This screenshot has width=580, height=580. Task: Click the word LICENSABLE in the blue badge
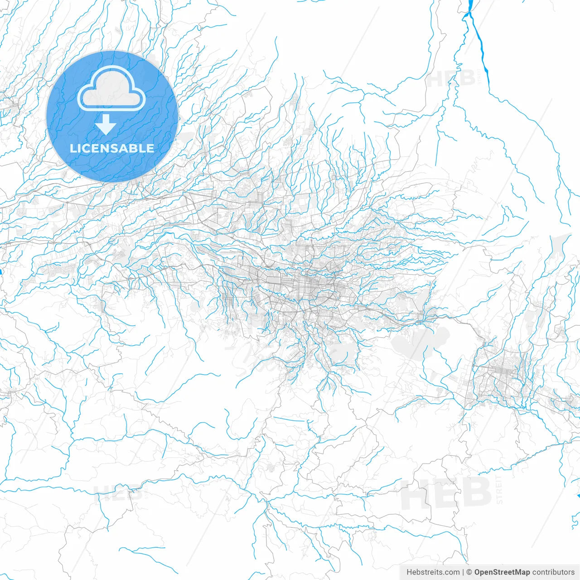(112, 148)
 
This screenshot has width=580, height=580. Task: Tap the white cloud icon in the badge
(111, 88)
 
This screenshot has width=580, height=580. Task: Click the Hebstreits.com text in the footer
(433, 572)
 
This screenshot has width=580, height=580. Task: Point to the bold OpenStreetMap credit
(502, 572)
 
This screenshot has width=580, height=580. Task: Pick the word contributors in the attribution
(553, 572)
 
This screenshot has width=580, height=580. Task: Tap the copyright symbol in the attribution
(469, 572)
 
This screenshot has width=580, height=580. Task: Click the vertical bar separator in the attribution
(464, 572)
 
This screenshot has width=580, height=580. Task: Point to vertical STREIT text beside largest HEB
(499, 490)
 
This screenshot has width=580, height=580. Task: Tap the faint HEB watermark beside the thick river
(450, 78)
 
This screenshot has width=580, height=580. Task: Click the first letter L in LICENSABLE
(72, 148)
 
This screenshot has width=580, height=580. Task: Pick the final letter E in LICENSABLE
(150, 148)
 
